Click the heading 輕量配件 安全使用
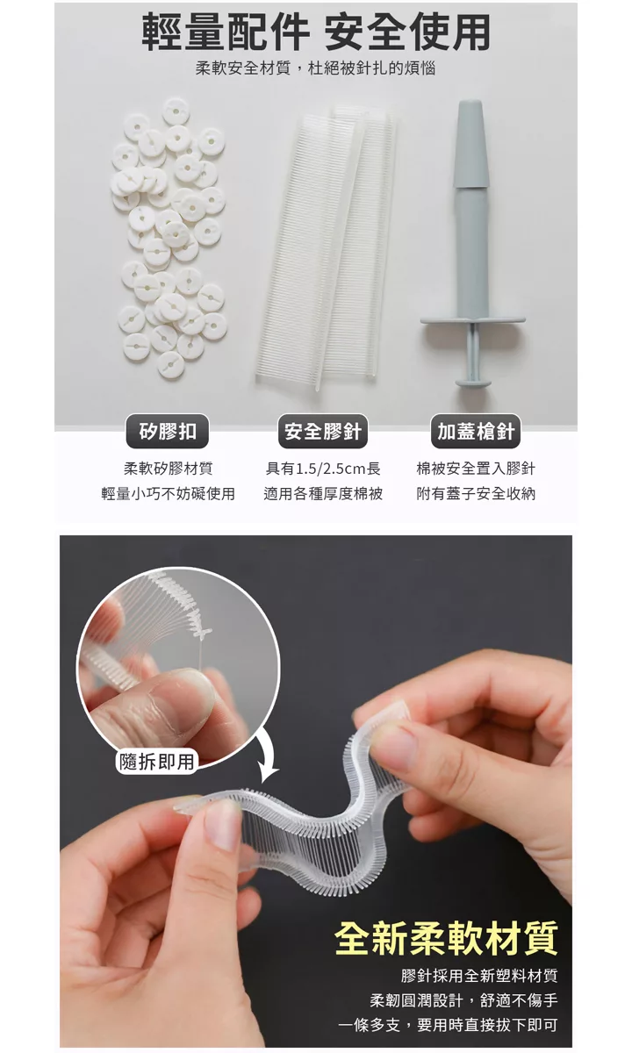click(315, 32)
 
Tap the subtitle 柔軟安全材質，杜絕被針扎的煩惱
click(315, 68)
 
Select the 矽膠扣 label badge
click(168, 431)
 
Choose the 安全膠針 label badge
click(323, 431)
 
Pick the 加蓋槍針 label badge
click(476, 431)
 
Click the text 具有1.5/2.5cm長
click(323, 469)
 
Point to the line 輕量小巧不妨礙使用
click(168, 493)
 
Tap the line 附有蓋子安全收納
click(476, 493)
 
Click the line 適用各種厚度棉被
click(323, 493)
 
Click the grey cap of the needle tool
click(471, 143)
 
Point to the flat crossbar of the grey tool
click(472, 319)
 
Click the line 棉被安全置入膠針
click(476, 469)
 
